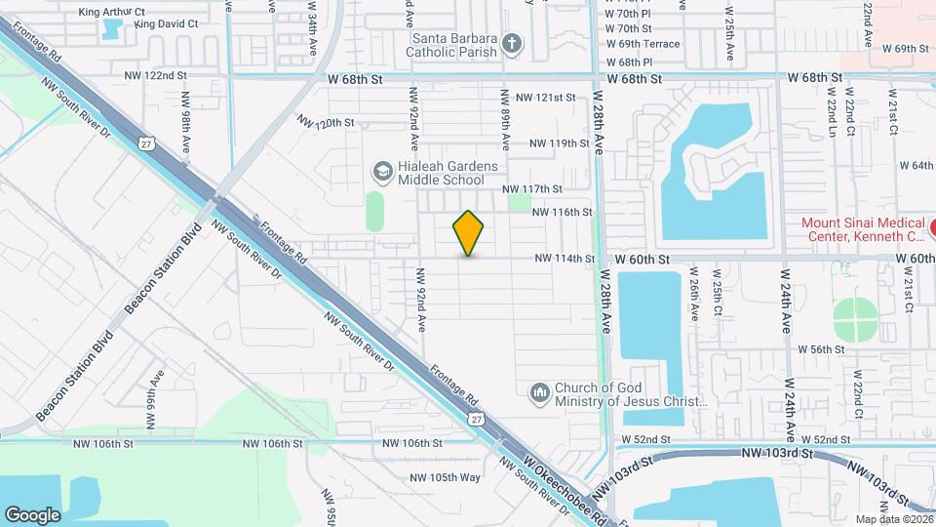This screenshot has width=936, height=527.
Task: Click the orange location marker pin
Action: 469,233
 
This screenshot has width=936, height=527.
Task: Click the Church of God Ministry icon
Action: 538,393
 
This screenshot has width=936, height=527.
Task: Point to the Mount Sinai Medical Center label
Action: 862,228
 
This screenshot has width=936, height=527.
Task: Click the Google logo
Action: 32,515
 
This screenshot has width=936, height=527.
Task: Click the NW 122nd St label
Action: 155,75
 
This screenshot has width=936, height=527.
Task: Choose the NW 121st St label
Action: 546,98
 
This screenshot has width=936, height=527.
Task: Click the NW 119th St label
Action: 560,143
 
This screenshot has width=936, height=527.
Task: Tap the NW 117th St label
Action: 532,188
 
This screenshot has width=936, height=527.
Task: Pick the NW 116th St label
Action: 562,212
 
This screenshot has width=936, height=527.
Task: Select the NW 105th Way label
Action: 446,477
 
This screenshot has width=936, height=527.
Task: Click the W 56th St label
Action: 820,348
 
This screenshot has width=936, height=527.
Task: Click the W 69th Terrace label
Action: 643,45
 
